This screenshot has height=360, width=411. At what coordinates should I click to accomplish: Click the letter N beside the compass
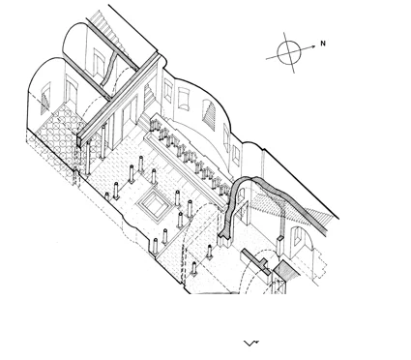323,44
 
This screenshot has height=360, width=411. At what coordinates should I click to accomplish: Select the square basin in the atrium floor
152,204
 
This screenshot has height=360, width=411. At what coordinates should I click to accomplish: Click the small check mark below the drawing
250,343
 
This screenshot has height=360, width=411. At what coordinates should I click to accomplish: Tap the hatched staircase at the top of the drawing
109,32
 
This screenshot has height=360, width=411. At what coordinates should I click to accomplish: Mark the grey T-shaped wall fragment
257,261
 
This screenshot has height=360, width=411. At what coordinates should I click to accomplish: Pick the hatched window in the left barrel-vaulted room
45,99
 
